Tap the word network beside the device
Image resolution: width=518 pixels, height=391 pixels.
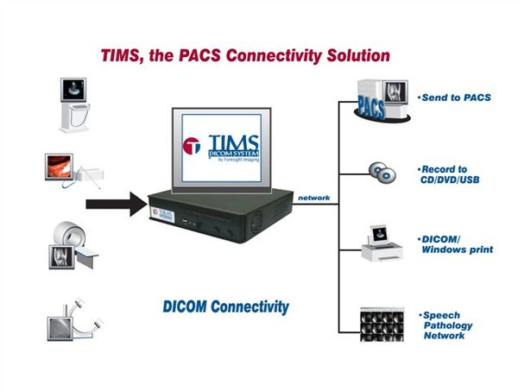314,198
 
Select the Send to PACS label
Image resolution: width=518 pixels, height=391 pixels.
454,98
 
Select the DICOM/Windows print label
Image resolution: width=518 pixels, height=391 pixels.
457,243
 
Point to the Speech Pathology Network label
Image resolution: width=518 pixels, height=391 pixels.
451,325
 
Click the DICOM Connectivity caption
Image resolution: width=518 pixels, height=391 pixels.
225,306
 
